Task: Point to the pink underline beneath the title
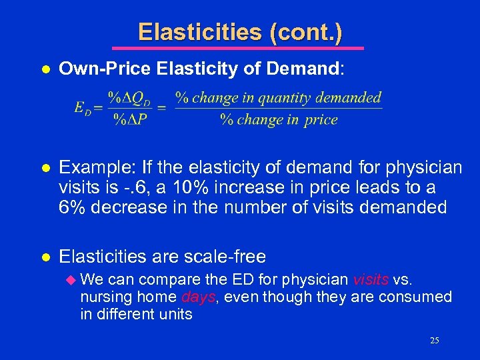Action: point(238,48)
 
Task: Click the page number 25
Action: point(434,341)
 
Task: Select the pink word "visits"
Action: point(371,279)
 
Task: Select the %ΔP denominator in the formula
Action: point(130,120)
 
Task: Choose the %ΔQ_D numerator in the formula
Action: point(130,98)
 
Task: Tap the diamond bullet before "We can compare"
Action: point(73,279)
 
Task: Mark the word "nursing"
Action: point(105,297)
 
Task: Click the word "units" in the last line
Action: point(176,314)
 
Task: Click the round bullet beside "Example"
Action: point(44,166)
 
